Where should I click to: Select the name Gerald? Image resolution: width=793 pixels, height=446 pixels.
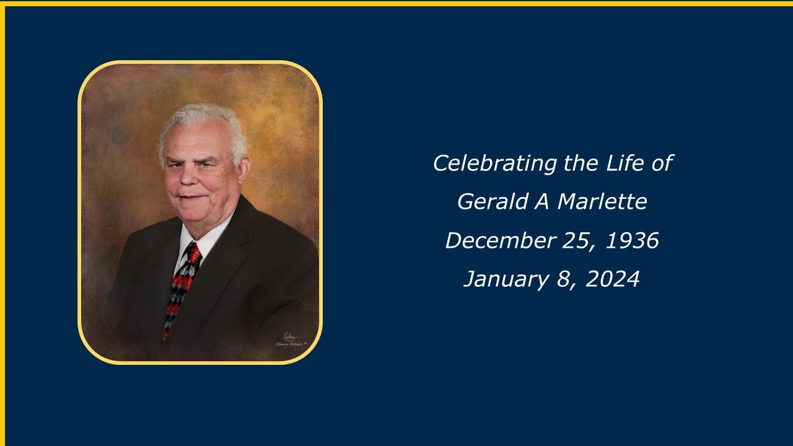(493, 202)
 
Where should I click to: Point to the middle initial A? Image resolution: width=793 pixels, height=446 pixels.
(543, 202)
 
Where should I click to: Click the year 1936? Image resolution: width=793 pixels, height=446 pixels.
(632, 241)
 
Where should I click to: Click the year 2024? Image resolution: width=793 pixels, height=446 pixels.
(612, 279)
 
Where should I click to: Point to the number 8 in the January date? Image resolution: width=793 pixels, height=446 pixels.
(563, 279)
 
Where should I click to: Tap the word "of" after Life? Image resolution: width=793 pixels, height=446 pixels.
(661, 164)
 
